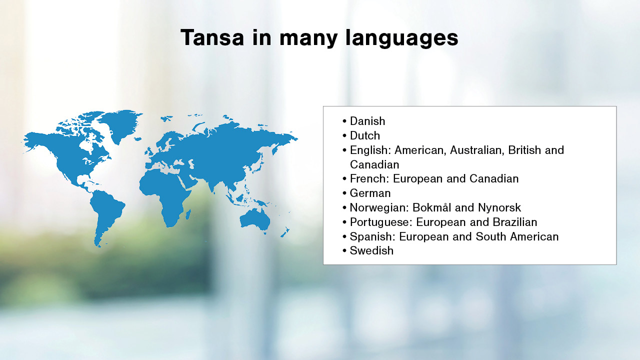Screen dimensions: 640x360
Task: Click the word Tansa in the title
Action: click(x=212, y=37)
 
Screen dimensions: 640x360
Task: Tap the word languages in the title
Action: click(x=401, y=38)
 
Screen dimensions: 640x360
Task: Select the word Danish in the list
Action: click(x=367, y=121)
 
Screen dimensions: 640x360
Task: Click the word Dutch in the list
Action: click(x=365, y=135)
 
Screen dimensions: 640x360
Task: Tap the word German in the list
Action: click(x=370, y=193)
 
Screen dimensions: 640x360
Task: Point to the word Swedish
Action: click(x=371, y=250)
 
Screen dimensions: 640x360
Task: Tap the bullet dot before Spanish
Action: click(x=344, y=237)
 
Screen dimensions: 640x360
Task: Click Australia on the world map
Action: click(x=255, y=219)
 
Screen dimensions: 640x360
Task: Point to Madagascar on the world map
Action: click(x=188, y=214)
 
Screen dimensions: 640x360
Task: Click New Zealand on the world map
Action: click(x=285, y=232)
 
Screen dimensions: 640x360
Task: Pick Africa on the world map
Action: click(x=165, y=194)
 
